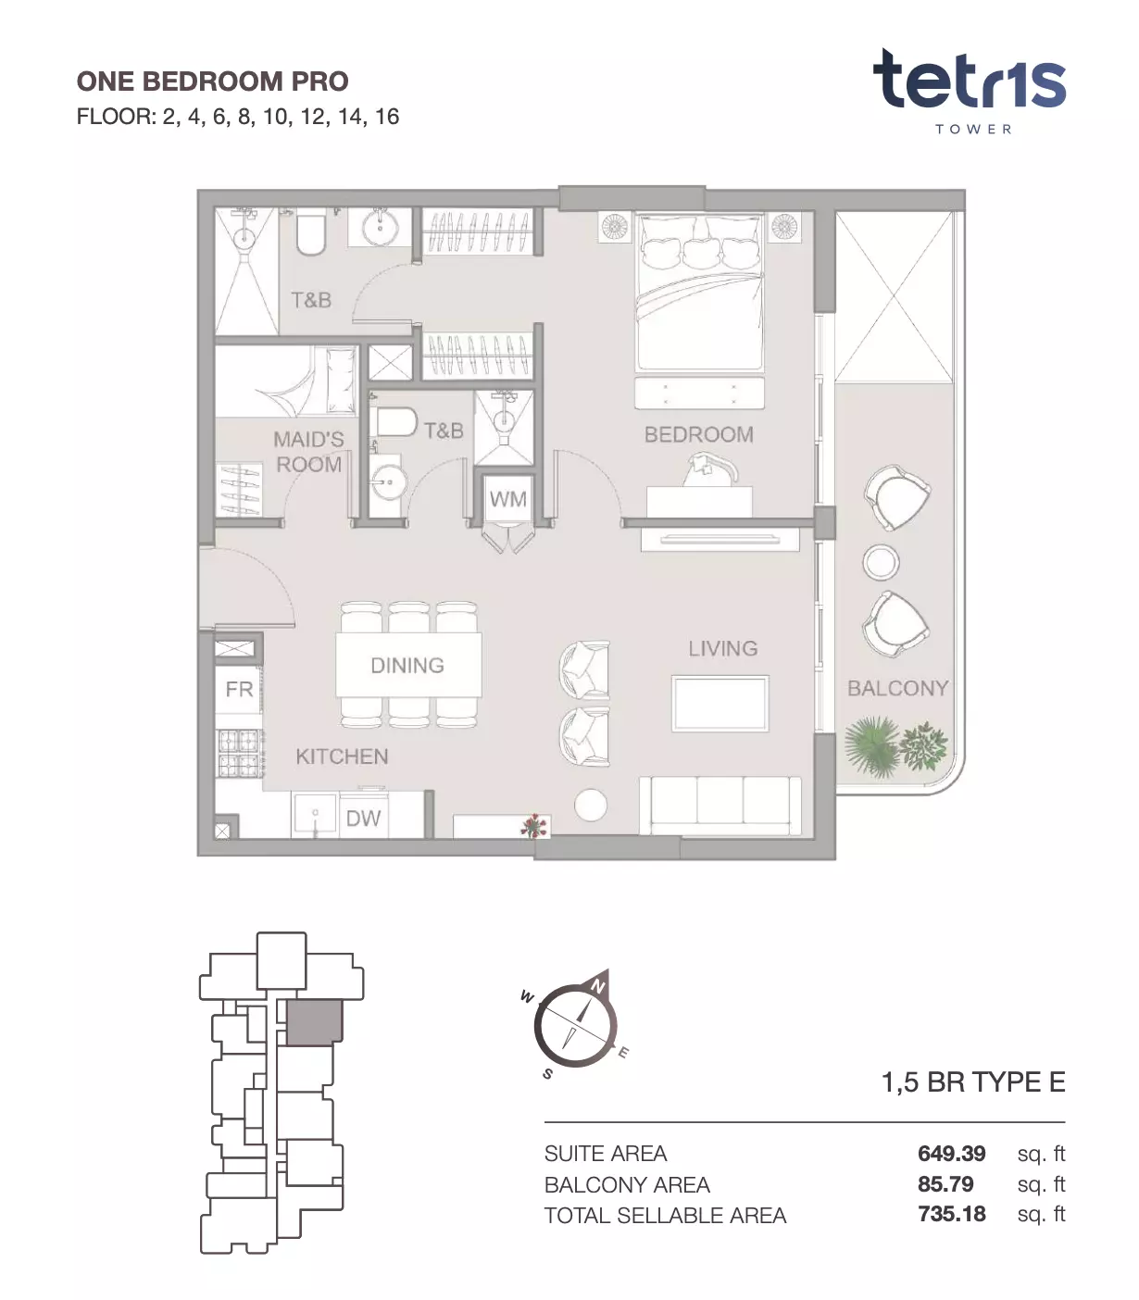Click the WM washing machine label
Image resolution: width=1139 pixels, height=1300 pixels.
pyautogui.click(x=507, y=498)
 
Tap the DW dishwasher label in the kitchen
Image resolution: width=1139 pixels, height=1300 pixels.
pyautogui.click(x=363, y=819)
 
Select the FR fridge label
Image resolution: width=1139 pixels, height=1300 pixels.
pyautogui.click(x=239, y=689)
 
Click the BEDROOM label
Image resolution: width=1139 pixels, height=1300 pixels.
pyautogui.click(x=698, y=434)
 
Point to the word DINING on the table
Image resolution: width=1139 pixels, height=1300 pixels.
pyautogui.click(x=407, y=666)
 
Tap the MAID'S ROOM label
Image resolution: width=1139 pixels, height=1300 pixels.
pyautogui.click(x=308, y=452)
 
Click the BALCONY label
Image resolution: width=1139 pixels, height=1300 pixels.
pyautogui.click(x=897, y=689)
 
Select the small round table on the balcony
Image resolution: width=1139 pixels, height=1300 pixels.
pyautogui.click(x=881, y=562)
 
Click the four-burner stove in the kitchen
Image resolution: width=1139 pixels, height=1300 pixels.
pyautogui.click(x=239, y=754)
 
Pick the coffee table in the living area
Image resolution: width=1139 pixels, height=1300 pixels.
pyautogui.click(x=720, y=704)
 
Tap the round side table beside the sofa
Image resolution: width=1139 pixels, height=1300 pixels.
pyautogui.click(x=591, y=805)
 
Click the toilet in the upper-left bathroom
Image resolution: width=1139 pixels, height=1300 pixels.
pyautogui.click(x=311, y=233)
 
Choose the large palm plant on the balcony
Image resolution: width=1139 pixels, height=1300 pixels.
pyautogui.click(x=871, y=745)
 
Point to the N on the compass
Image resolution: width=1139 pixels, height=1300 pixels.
pyautogui.click(x=597, y=985)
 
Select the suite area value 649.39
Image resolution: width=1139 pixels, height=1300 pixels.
pyautogui.click(x=951, y=1153)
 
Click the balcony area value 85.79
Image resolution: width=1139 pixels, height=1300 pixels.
pyautogui.click(x=945, y=1184)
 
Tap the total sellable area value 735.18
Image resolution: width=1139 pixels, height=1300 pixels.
pyautogui.click(x=951, y=1214)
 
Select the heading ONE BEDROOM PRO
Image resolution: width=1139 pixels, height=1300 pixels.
pyautogui.click(x=212, y=81)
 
